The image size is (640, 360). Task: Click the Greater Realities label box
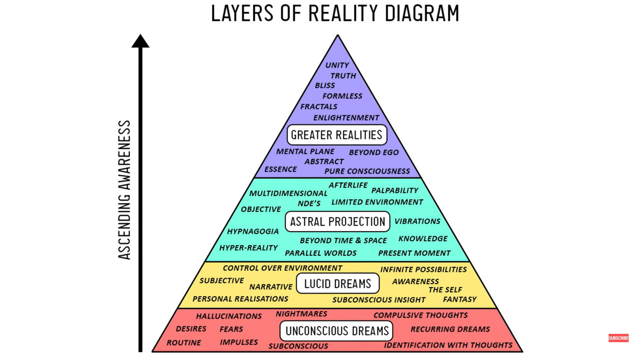pyautogui.click(x=337, y=134)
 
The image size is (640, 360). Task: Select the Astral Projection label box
pyautogui.click(x=337, y=221)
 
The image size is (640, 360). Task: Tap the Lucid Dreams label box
pyautogui.click(x=337, y=283)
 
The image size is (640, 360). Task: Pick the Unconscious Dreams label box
pyautogui.click(x=337, y=330)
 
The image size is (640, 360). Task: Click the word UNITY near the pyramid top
pyautogui.click(x=337, y=65)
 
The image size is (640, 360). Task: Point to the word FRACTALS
pyautogui.click(x=318, y=106)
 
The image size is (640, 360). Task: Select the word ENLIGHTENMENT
pyautogui.click(x=346, y=118)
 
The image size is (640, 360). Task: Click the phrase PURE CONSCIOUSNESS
pyautogui.click(x=367, y=171)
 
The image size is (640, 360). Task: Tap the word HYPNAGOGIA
pyautogui.click(x=252, y=231)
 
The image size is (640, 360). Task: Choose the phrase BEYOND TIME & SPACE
pyautogui.click(x=343, y=240)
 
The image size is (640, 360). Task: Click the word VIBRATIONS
pyautogui.click(x=417, y=221)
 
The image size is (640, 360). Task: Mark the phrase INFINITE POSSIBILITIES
pyautogui.click(x=423, y=269)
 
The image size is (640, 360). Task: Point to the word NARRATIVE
pyautogui.click(x=270, y=287)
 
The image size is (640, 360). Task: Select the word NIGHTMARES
pyautogui.click(x=301, y=314)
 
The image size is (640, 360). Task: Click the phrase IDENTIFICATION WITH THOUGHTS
pyautogui.click(x=448, y=345)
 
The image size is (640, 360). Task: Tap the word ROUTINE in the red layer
pyautogui.click(x=183, y=343)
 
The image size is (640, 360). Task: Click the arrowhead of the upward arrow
pyautogui.click(x=140, y=41)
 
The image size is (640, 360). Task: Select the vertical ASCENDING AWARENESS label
pyautogui.click(x=124, y=190)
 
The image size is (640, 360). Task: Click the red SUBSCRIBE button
pyautogui.click(x=618, y=338)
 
